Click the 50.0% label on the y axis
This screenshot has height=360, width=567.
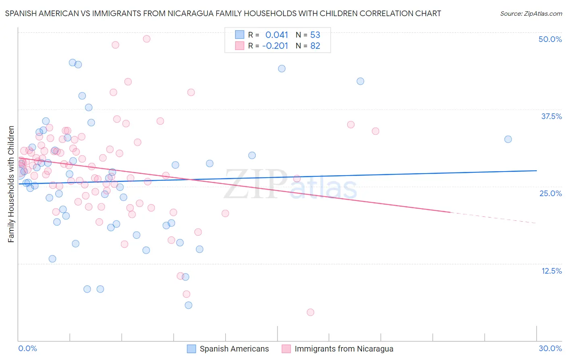click(x=550, y=39)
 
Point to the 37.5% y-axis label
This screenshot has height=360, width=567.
click(x=551, y=116)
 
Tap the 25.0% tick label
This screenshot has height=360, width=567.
click(x=550, y=193)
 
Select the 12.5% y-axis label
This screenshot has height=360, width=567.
click(x=551, y=271)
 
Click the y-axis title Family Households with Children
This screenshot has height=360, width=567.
click(x=11, y=184)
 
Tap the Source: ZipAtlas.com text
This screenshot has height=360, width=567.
click(x=531, y=13)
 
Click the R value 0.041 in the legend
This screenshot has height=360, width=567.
click(x=277, y=35)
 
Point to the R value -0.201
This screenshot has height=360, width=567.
click(x=275, y=46)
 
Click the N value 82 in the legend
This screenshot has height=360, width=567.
click(x=315, y=46)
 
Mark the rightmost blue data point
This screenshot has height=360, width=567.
click(x=508, y=139)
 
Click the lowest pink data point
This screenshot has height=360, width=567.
click(x=310, y=312)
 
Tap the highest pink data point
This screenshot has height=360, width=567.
click(x=147, y=39)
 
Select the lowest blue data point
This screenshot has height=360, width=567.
click(x=188, y=305)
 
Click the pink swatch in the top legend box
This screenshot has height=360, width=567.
click(x=240, y=46)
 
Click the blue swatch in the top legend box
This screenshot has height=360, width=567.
click(x=240, y=35)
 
